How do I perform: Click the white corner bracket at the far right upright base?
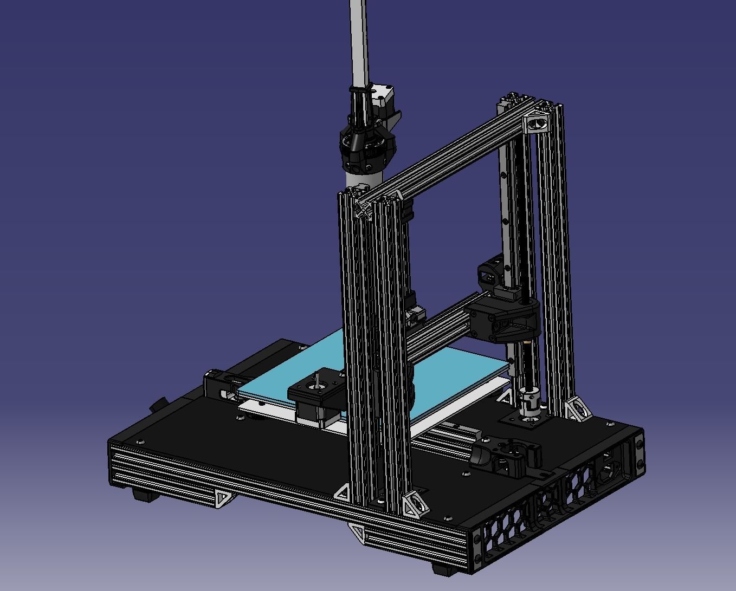click(577, 409)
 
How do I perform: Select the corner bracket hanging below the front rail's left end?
click(223, 498)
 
